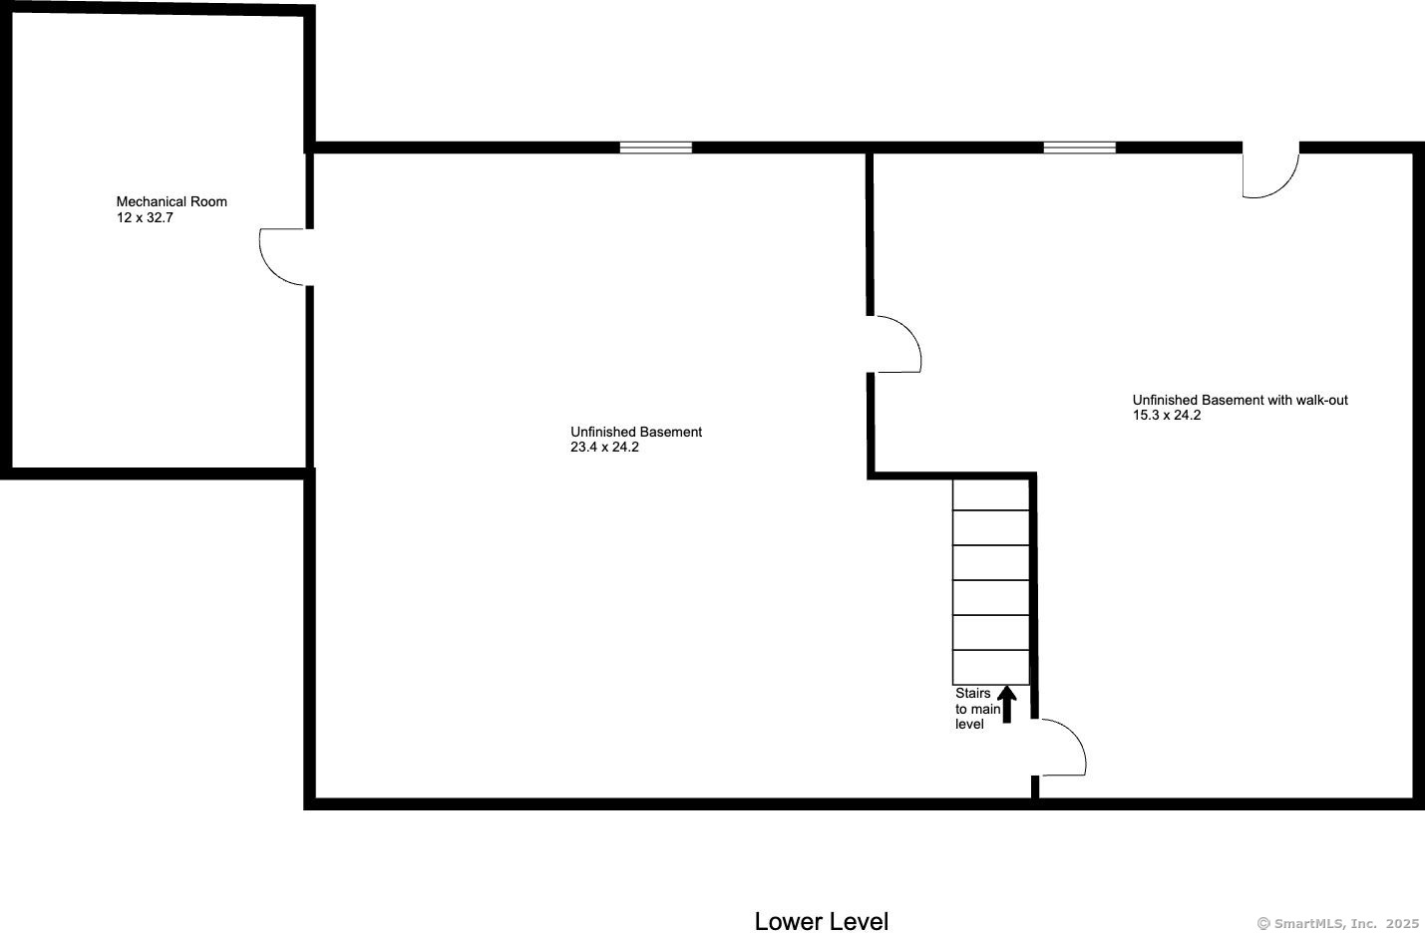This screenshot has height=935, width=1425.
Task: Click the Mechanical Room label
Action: point(172,201)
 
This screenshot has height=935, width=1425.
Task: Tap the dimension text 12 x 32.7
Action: point(145,217)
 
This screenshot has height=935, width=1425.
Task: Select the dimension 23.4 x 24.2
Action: point(604,448)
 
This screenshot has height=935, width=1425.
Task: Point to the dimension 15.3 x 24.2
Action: point(1166,416)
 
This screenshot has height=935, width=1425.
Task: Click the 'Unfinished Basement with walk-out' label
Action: point(1240,400)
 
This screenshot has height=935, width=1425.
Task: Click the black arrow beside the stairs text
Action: point(1006,704)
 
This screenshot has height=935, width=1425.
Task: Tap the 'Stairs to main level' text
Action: point(977,709)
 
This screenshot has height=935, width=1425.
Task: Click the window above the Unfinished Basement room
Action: point(656,148)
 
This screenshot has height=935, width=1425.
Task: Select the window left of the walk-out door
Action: point(1080,148)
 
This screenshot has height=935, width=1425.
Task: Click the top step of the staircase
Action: point(990,494)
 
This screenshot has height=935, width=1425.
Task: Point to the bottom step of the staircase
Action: point(990,667)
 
